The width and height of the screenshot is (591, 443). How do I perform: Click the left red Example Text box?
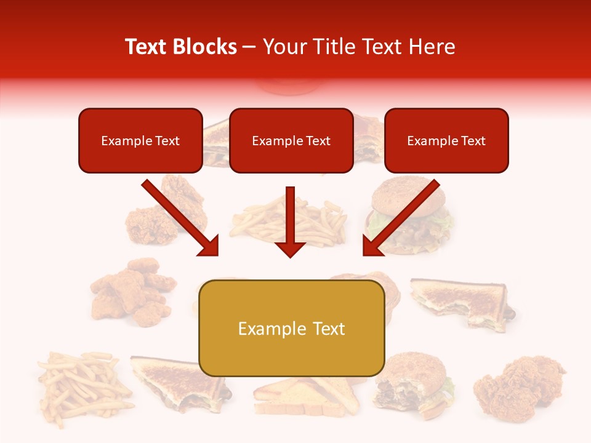[140, 141]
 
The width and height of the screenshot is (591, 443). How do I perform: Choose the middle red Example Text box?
[291, 141]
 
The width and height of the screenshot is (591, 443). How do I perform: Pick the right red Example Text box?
[446, 141]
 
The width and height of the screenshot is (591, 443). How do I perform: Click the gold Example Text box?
[291, 329]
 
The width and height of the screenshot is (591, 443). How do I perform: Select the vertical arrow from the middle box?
[291, 221]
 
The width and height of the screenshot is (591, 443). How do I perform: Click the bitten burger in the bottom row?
[411, 385]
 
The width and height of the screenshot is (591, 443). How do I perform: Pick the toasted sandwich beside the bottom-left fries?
[179, 385]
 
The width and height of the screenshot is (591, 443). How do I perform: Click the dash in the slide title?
[249, 47]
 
